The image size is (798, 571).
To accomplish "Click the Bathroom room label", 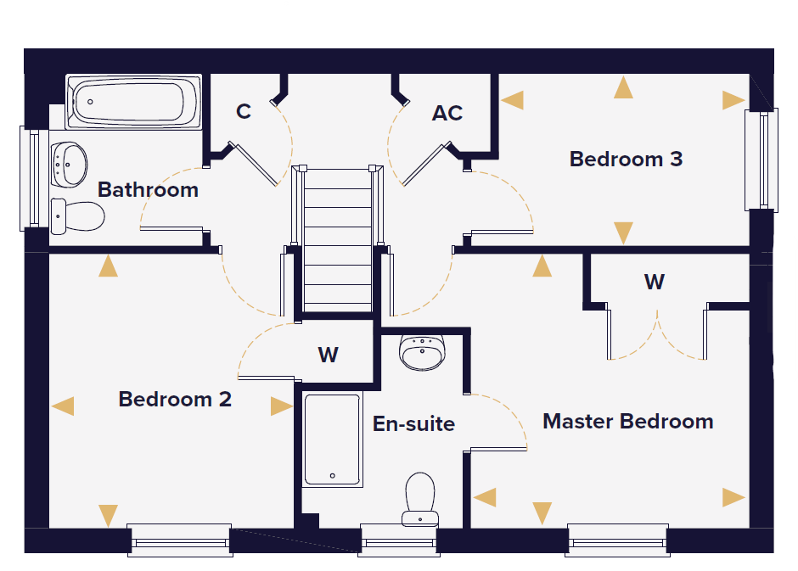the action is pos(148,190).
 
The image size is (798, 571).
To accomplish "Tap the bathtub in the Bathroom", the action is pos(134,102).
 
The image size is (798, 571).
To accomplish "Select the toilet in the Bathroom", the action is pos(77,216).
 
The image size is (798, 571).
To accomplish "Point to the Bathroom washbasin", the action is pos(70,165).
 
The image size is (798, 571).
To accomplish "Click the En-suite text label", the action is pos(413,423).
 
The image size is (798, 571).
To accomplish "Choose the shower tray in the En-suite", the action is pos(332,439).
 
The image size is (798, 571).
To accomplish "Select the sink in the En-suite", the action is pos(423,352).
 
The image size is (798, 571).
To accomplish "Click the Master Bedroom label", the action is pos(628,422).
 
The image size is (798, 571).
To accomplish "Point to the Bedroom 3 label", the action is pos(626,160).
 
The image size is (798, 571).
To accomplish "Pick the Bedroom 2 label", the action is pos(175,399).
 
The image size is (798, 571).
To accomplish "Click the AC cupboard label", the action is pos(447,113).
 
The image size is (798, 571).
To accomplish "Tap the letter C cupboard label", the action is pos(244,111).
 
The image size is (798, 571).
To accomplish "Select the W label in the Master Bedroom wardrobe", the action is pos(655,282).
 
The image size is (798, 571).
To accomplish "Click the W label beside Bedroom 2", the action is pos(329,355).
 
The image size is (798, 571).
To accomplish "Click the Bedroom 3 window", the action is pos(761,160).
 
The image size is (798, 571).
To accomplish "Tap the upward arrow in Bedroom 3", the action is pos(623,87).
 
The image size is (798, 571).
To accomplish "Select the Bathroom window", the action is pos(30,178).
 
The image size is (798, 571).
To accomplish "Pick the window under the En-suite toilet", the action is pos(399,540).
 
